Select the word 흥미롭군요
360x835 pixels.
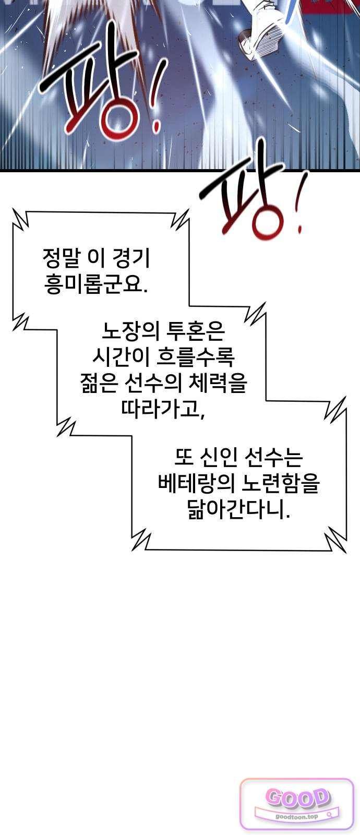(x=96, y=284)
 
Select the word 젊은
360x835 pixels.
(x=99, y=383)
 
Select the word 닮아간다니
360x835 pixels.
(x=238, y=509)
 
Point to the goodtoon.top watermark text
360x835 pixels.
(x=297, y=816)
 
